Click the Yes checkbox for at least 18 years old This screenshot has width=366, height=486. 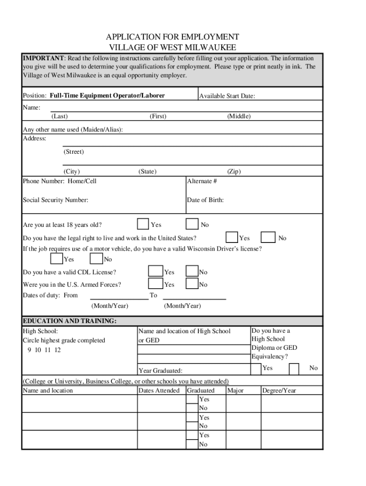coord(143,224)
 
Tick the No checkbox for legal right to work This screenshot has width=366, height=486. coord(268,237)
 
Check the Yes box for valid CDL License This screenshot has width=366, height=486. coord(155,271)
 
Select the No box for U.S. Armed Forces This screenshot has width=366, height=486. coord(192,284)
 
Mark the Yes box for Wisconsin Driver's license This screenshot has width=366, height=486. coord(57,259)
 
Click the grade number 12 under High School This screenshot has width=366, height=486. coord(58,350)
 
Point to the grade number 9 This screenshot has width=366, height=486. coord(29,350)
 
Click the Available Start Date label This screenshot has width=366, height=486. coord(227,96)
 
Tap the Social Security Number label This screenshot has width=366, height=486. coord(56,200)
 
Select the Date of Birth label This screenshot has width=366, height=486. coord(205,200)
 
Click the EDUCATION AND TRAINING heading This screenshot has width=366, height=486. coord(69,321)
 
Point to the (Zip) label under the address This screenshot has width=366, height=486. coord(234,172)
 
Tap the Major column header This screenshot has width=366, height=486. coord(236,391)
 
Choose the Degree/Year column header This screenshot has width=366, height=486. coord(279,391)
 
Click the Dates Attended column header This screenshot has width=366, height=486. coord(159,391)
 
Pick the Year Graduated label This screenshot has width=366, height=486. coord(160,371)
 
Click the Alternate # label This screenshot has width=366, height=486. coord(202,181)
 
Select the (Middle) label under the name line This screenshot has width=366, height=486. coord(239,116)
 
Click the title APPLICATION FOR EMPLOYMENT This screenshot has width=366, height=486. coord(173,37)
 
